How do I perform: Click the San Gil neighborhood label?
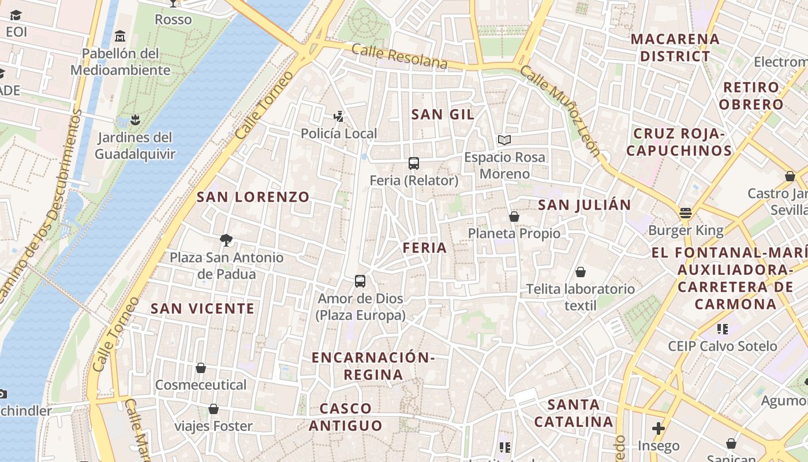point(443,114)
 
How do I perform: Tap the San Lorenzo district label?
point(253,197)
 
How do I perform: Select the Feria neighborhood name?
point(425,248)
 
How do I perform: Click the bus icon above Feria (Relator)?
point(414,163)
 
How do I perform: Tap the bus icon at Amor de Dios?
point(360,281)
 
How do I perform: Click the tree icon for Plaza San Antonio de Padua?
point(226,240)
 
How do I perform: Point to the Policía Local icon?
point(339,117)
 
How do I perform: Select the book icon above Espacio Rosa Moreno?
point(504,140)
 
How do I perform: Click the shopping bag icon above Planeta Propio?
point(514,217)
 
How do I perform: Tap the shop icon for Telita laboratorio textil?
point(580,272)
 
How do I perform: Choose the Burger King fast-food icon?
point(686,213)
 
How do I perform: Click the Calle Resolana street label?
point(399,57)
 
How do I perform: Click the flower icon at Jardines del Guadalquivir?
point(135,120)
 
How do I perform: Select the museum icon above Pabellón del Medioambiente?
point(120,36)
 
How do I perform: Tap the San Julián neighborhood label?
point(585,205)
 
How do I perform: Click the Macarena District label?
point(675,48)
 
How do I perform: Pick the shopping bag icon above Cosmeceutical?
point(201,368)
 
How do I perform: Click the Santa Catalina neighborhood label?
point(574,413)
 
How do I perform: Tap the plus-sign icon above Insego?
point(658,429)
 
